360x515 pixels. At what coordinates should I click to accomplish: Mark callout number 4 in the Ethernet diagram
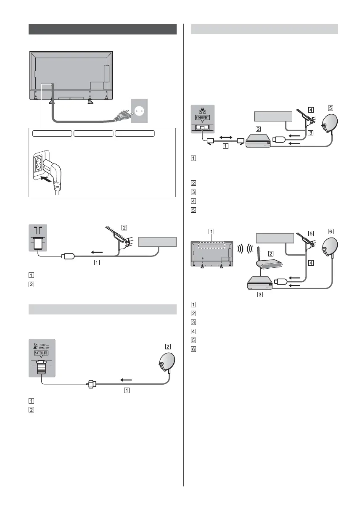pos(310,110)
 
